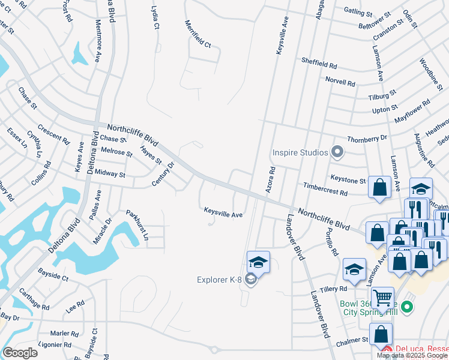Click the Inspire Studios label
(301, 152)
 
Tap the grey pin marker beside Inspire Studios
(337, 152)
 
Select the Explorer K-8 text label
(221, 280)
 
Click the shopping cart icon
(382, 297)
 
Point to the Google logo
(20, 353)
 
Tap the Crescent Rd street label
(53, 134)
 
